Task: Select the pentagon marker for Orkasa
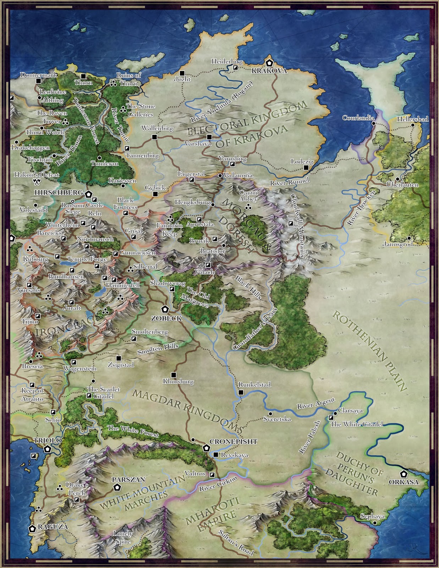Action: click(x=403, y=474)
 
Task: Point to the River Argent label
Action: click(x=316, y=403)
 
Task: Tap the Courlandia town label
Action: click(x=357, y=118)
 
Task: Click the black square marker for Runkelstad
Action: click(x=241, y=392)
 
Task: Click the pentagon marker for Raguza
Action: click(x=32, y=528)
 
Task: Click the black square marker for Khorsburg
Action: click(x=174, y=375)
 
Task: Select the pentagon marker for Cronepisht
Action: click(x=206, y=448)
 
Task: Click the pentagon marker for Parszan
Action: click(x=116, y=487)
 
